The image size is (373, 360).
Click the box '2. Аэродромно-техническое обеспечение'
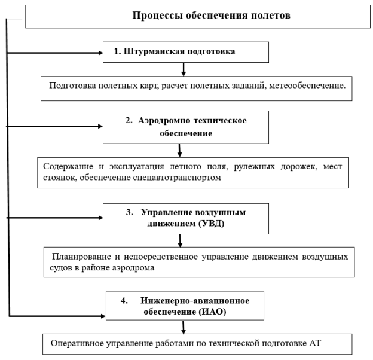tap(178, 127)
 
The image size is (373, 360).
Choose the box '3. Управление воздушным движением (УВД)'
tap(178, 218)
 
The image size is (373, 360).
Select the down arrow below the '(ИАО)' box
tap(179, 331)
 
